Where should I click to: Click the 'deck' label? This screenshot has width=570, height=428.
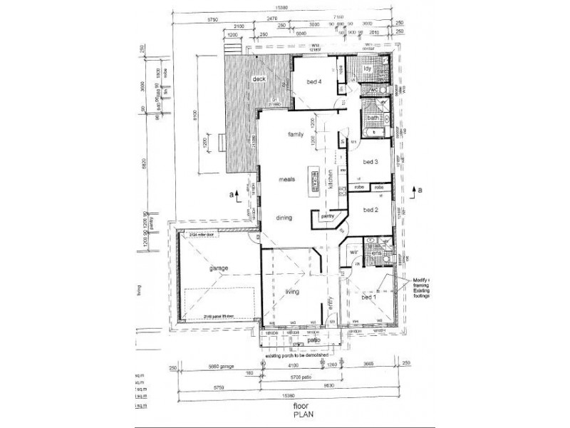tap(249, 79)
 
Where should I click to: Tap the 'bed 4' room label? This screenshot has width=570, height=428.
tap(314, 82)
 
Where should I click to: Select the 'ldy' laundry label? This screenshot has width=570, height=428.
tap(368, 68)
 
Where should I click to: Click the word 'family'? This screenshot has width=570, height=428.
tap(296, 134)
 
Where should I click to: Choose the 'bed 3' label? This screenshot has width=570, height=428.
tap(370, 162)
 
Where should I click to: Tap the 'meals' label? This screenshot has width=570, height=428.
tap(287, 180)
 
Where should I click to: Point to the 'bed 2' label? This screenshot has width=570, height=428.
tap(370, 210)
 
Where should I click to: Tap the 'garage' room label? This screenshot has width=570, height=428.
tap(199, 268)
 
